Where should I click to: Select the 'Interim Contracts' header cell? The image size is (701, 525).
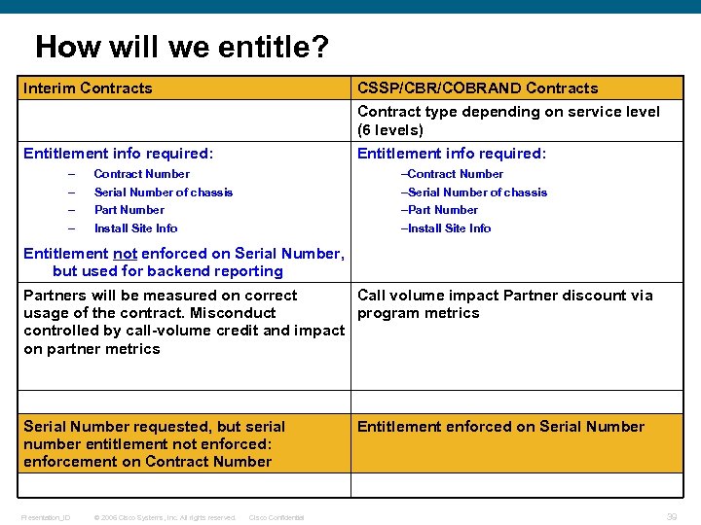(88, 88)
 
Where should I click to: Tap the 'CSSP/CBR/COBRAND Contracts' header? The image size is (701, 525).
(477, 88)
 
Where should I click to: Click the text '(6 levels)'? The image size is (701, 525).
(389, 130)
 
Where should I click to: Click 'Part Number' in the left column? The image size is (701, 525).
(129, 210)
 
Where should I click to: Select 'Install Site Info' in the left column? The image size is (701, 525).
(135, 228)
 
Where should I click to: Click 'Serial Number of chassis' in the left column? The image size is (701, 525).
(163, 192)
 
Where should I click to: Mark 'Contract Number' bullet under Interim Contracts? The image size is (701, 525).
(141, 174)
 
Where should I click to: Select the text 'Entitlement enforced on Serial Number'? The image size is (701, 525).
(500, 427)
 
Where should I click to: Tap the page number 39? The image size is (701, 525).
(671, 517)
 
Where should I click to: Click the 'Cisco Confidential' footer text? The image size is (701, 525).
(277, 517)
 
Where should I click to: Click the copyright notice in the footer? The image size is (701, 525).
(165, 517)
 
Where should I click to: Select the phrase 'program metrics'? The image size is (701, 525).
(418, 313)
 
